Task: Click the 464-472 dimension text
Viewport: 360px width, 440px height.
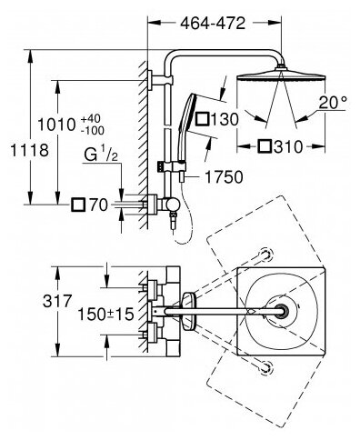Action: coord(213,24)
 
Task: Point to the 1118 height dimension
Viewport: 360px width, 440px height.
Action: coord(30,150)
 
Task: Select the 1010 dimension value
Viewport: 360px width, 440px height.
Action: coord(56,125)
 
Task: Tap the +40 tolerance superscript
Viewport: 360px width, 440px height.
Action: coord(92,118)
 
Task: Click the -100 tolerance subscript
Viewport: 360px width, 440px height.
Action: coord(93,131)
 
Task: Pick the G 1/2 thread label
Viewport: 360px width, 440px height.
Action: coord(101,154)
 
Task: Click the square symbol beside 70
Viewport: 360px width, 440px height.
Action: coord(78,205)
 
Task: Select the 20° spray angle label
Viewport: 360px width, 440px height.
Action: coord(333,103)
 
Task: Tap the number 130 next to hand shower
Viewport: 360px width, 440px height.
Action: coord(225,119)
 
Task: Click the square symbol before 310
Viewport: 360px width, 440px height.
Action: coord(265,146)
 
